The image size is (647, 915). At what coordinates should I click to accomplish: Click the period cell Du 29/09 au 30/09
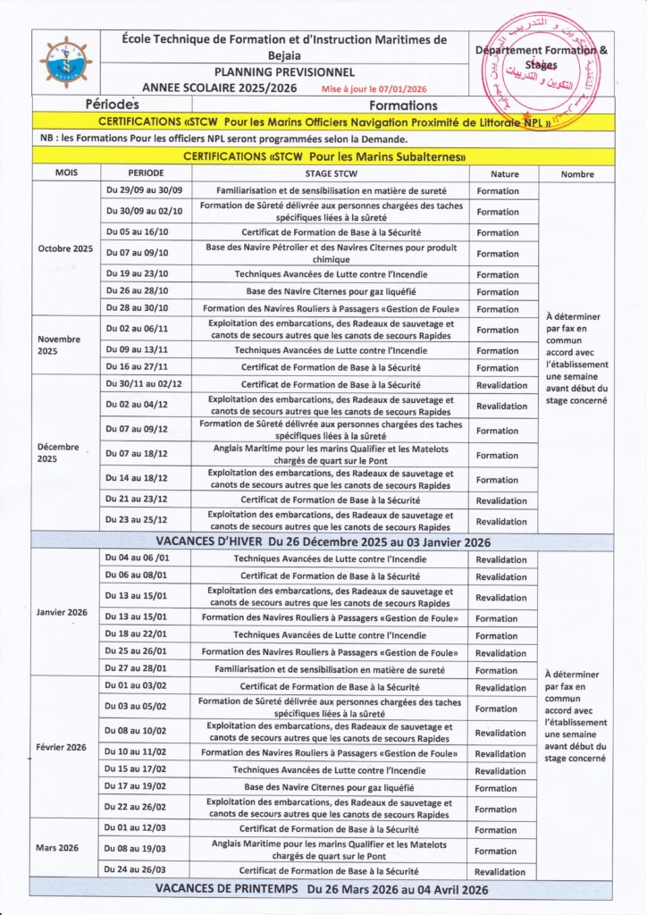(x=143, y=191)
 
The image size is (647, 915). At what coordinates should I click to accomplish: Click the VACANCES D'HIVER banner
(x=323, y=541)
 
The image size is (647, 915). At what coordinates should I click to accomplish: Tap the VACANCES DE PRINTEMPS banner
(x=323, y=889)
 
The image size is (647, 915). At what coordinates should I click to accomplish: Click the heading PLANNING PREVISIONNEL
(x=284, y=72)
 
